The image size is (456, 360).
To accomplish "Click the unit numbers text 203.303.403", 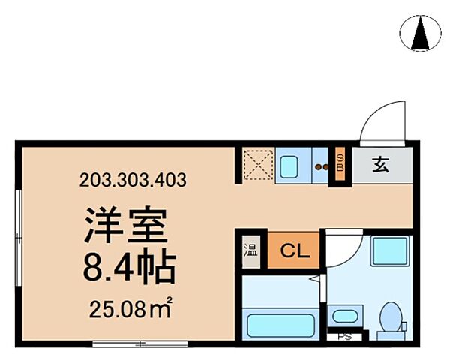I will pos(133,180).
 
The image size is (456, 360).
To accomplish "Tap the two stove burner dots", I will pos(321,167).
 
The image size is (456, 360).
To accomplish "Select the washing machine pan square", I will pos(389,254).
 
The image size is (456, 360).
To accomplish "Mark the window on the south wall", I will pos(129,344).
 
